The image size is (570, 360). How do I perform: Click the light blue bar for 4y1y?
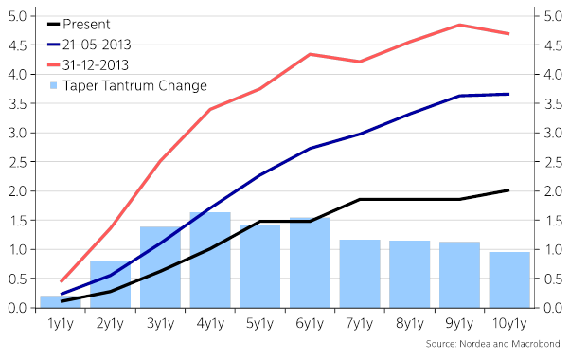pos(210,261)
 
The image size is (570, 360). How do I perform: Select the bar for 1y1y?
pos(61,302)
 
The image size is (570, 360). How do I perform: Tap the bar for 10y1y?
pos(509,280)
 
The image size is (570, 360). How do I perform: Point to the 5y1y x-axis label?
pos(260,324)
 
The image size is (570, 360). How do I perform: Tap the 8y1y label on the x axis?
pos(410,324)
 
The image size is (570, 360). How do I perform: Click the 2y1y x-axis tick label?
pos(111,324)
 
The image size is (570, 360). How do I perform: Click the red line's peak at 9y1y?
pos(459,25)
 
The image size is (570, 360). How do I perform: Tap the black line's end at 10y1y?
pos(509,190)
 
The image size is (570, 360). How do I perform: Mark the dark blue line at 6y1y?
pos(311,148)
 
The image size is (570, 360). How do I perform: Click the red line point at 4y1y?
pos(210,109)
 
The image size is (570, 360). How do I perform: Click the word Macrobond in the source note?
pos(535,343)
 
